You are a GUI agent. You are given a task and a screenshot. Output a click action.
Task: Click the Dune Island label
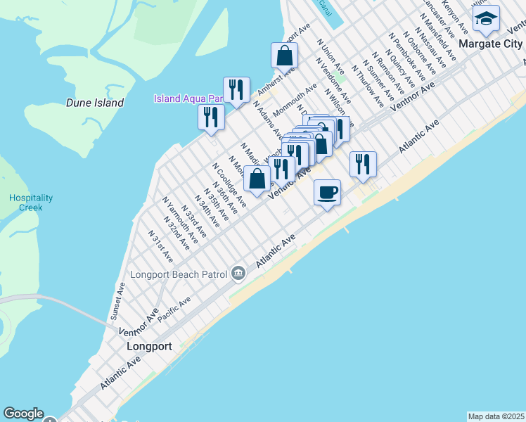coord(95,103)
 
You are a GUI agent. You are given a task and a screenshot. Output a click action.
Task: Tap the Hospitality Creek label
coord(26,203)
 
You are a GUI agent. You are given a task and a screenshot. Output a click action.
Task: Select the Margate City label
coord(490,44)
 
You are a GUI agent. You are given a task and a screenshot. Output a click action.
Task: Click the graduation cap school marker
coord(486,19)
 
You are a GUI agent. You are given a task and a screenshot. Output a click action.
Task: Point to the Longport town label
coord(149,347)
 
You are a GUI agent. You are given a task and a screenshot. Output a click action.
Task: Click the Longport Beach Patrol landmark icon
coord(238,272)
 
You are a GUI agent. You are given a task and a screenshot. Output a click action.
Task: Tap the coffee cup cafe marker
coord(327,192)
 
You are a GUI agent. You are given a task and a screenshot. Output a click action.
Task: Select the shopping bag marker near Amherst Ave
coord(284,56)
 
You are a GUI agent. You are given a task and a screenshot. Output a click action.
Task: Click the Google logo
coord(23,414)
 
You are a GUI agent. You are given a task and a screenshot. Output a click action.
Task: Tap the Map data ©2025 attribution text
coord(495,416)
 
